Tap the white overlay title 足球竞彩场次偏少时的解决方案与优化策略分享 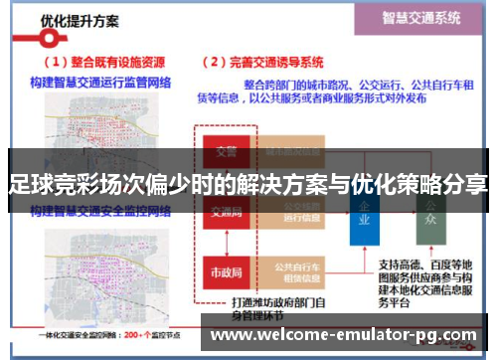(248, 184)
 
